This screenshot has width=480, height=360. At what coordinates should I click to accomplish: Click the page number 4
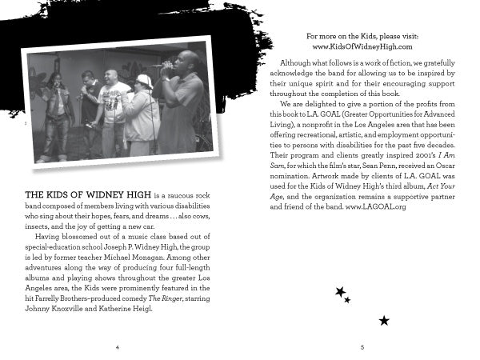117,348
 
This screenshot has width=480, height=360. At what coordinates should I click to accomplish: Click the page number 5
362,348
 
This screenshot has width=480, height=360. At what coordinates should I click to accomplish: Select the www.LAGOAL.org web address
376,207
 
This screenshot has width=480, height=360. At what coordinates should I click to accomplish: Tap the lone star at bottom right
384,321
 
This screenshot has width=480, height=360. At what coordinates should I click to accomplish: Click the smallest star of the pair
348,300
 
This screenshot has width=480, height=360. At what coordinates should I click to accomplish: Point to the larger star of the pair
340,292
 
